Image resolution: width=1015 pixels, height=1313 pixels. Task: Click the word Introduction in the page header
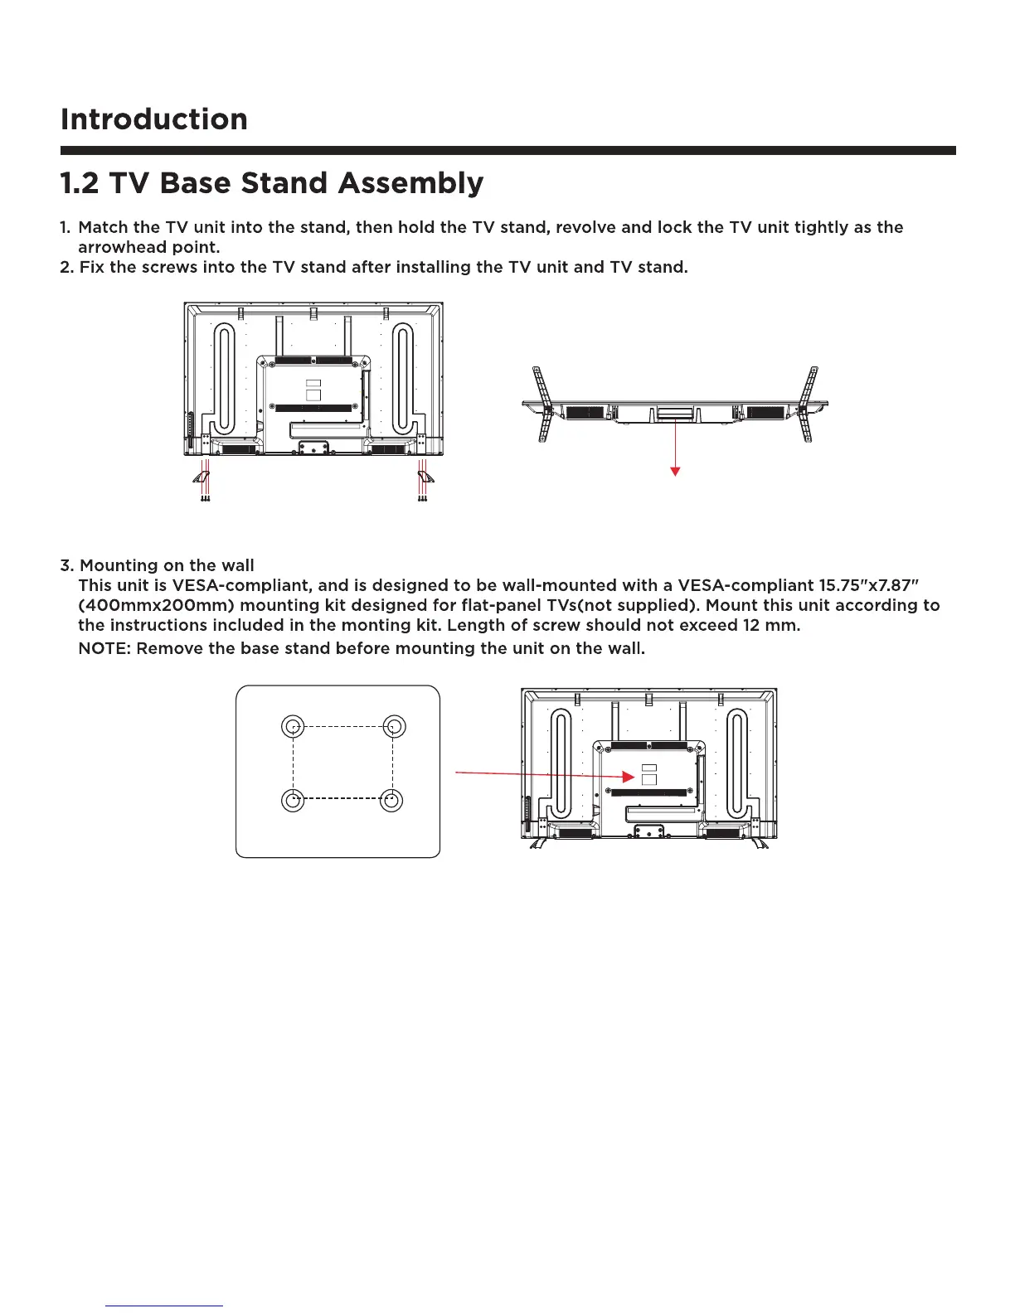tap(154, 119)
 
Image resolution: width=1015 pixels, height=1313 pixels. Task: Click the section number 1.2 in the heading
tap(80, 183)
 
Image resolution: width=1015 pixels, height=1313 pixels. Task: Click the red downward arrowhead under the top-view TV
tap(676, 471)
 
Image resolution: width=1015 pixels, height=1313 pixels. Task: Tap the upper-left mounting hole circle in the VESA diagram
tap(293, 727)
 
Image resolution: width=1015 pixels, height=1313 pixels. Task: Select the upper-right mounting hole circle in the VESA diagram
tap(394, 727)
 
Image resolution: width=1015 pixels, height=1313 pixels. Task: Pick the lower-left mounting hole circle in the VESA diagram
tap(293, 801)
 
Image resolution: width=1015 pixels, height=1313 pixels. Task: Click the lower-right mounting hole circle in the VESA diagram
tap(391, 801)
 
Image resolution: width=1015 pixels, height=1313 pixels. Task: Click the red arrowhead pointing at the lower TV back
tap(628, 778)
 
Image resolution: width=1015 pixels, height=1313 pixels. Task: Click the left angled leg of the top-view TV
tap(543, 404)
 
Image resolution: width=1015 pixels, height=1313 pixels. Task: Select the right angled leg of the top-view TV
tap(807, 404)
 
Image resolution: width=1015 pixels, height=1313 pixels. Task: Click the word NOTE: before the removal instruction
tap(105, 648)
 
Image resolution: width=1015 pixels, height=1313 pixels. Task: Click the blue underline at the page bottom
tap(164, 1306)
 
